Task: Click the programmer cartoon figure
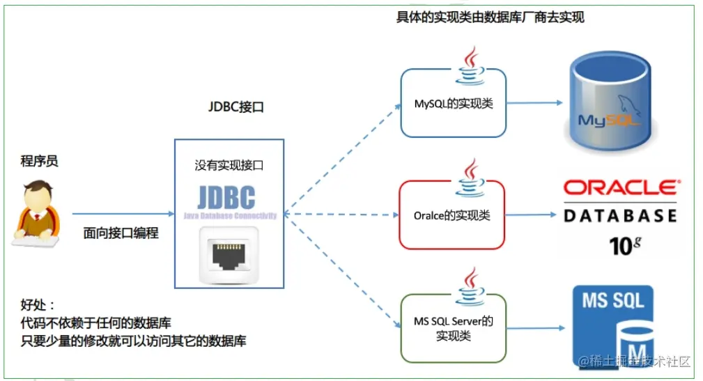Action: point(37,213)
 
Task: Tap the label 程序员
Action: point(38,162)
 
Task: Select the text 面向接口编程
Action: point(121,233)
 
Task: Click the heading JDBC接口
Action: point(236,108)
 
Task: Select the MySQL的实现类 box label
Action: point(454,104)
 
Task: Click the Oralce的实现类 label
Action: point(451,215)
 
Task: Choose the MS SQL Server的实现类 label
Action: point(454,328)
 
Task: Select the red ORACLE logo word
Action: point(620,187)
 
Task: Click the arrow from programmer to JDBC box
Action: point(123,214)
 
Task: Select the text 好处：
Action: point(38,306)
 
